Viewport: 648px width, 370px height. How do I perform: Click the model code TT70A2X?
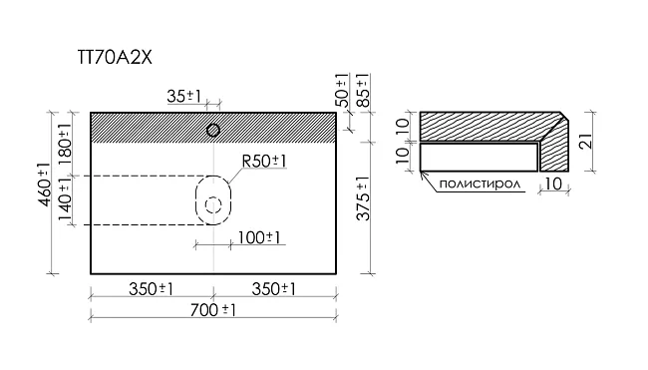pyautogui.click(x=115, y=57)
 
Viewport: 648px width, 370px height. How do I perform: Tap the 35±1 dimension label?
pyautogui.click(x=183, y=97)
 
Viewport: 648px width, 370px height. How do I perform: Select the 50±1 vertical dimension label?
pyautogui.click(x=342, y=90)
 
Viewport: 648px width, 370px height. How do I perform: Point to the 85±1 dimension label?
pyautogui.click(x=363, y=90)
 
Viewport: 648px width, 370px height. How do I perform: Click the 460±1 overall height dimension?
pyautogui.click(x=44, y=185)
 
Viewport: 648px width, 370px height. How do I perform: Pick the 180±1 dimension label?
pyautogui.click(x=65, y=144)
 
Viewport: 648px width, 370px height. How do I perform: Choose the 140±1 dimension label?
pyautogui.click(x=65, y=202)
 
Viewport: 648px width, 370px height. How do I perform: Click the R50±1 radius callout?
pyautogui.click(x=263, y=161)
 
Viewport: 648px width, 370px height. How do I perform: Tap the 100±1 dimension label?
pyautogui.click(x=259, y=237)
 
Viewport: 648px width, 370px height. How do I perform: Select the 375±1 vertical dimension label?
pyautogui.click(x=363, y=198)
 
